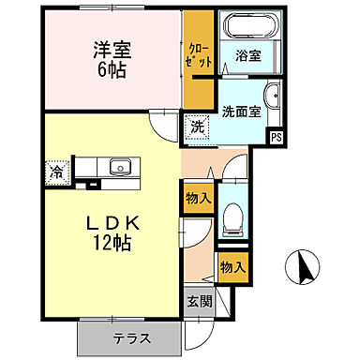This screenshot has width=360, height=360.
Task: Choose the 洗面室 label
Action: tap(241, 109)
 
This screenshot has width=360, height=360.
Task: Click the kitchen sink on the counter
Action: tap(118, 169)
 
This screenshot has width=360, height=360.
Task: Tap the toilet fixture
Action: tap(232, 221)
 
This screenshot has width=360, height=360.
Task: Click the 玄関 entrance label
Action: tap(198, 303)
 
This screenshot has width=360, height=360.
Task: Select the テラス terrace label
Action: tap(134, 337)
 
